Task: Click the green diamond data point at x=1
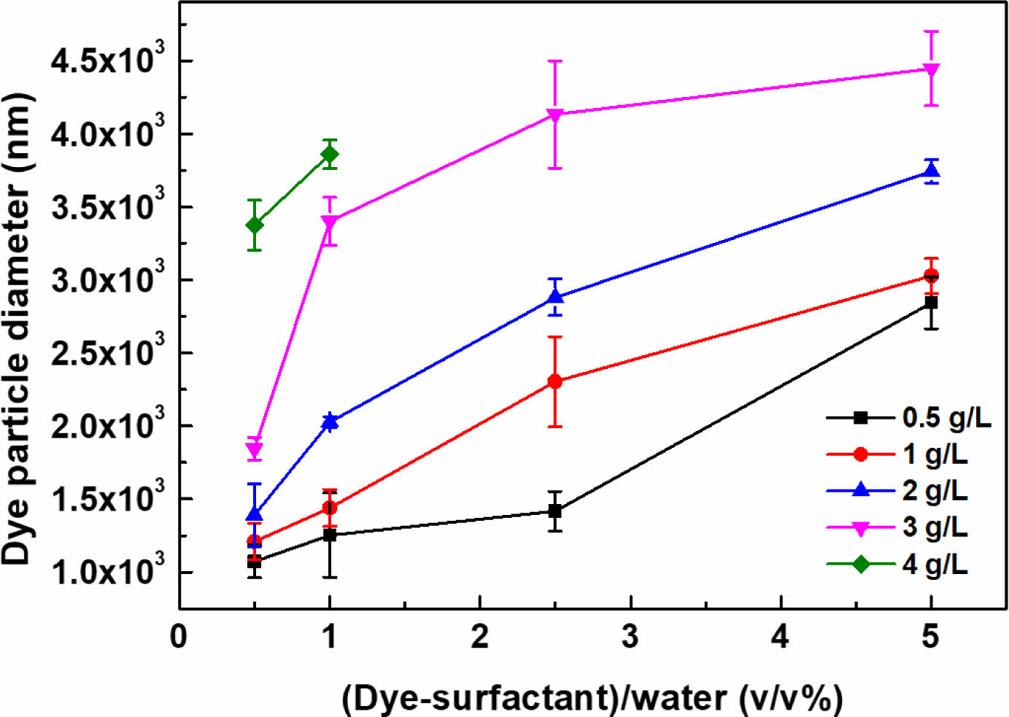pyautogui.click(x=330, y=154)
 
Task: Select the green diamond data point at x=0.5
pyautogui.click(x=255, y=225)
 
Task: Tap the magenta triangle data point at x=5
pyautogui.click(x=931, y=70)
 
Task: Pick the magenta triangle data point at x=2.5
pyautogui.click(x=554, y=115)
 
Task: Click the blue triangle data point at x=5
pyautogui.click(x=931, y=171)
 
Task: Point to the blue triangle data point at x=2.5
pyautogui.click(x=554, y=296)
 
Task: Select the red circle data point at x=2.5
pyautogui.click(x=554, y=381)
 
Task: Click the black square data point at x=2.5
pyautogui.click(x=554, y=511)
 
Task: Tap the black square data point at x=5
pyautogui.click(x=931, y=302)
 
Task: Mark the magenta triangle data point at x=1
pyautogui.click(x=330, y=221)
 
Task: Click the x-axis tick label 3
pyautogui.click(x=630, y=637)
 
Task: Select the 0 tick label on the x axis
pyautogui.click(x=179, y=637)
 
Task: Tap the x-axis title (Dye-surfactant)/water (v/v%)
pyautogui.click(x=592, y=698)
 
